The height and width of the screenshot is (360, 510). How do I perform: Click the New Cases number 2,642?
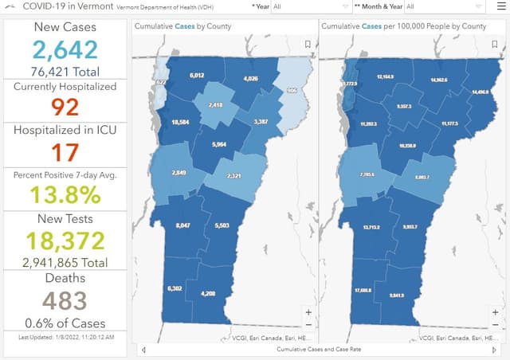(x=65, y=50)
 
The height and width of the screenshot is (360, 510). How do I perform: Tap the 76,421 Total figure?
(x=65, y=71)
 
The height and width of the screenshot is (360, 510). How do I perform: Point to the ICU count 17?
(x=65, y=151)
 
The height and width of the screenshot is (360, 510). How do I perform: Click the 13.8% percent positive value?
(x=65, y=195)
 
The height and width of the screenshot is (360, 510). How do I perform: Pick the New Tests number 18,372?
(x=65, y=240)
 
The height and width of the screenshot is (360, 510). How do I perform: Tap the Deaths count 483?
(x=65, y=300)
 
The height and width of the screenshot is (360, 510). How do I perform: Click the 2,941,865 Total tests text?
(x=65, y=260)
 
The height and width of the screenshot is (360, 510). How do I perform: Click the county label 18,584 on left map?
(x=180, y=123)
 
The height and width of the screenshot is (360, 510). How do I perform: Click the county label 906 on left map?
(x=291, y=90)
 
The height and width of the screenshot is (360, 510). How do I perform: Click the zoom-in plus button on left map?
(x=308, y=312)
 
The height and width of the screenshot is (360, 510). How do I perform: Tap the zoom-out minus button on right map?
(x=495, y=325)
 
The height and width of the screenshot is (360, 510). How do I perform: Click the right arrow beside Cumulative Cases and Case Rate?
(x=494, y=350)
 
